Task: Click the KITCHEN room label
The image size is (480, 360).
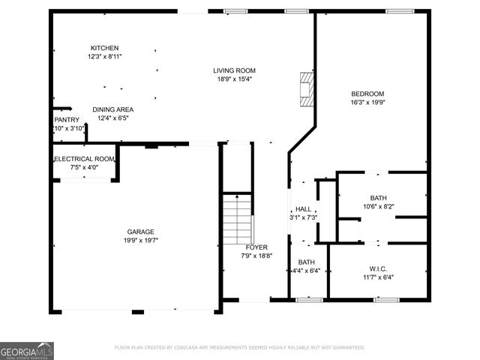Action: (x=104, y=48)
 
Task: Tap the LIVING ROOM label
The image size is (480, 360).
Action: (x=235, y=70)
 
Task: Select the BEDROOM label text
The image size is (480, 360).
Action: (x=367, y=94)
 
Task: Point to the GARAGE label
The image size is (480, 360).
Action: (x=140, y=232)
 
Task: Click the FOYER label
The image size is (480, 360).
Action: (x=257, y=247)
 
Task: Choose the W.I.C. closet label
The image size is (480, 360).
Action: (x=377, y=268)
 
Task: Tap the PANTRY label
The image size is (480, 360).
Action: (x=67, y=120)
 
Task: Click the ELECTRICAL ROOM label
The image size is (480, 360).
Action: (x=83, y=159)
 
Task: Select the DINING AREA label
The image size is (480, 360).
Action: (x=113, y=109)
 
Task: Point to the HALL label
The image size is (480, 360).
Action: (x=303, y=209)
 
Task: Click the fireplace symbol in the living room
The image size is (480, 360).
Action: (x=306, y=91)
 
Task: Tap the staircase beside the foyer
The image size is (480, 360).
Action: (x=238, y=219)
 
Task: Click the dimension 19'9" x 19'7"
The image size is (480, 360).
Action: (x=140, y=240)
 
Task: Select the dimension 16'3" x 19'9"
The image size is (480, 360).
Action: (x=367, y=103)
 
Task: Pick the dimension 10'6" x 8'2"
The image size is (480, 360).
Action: (x=378, y=206)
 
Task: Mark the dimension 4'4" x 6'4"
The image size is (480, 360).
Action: (x=306, y=271)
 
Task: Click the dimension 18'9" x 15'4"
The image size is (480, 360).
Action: (x=235, y=79)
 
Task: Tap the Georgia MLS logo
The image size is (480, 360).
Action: (x=27, y=350)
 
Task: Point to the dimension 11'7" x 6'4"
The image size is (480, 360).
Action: (x=377, y=277)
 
